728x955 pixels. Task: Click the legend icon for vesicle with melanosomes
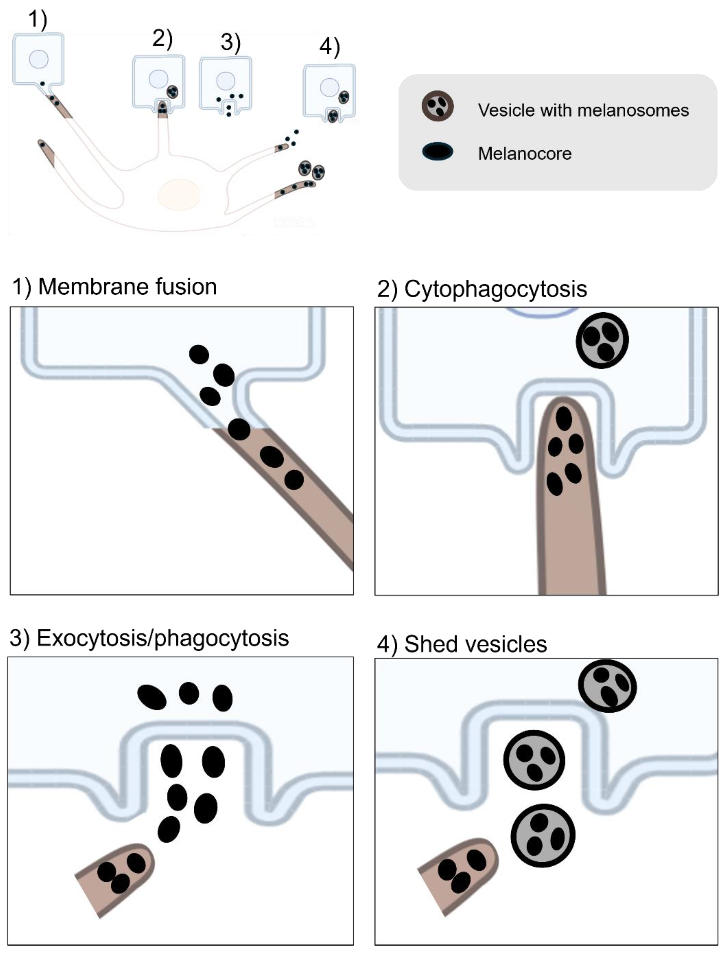(x=438, y=106)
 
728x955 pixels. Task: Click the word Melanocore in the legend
(x=524, y=153)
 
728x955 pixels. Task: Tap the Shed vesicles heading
(x=475, y=644)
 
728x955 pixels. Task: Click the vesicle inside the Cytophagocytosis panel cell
(x=602, y=340)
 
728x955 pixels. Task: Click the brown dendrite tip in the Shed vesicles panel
(x=459, y=875)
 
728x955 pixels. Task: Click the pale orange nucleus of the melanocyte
(x=179, y=194)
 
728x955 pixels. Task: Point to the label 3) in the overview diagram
(x=231, y=42)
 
